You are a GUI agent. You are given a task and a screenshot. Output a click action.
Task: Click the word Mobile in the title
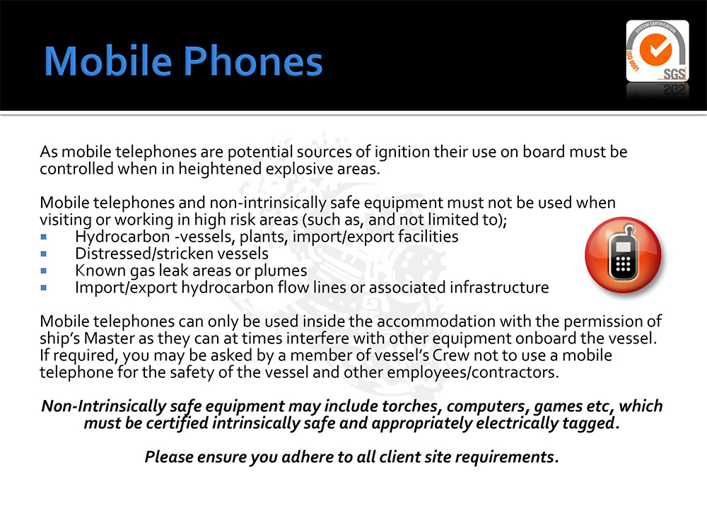click(108, 61)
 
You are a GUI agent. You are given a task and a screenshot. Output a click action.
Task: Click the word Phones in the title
click(253, 61)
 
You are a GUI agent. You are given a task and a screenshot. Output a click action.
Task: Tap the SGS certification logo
click(658, 51)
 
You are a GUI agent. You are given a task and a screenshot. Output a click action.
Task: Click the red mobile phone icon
click(623, 254)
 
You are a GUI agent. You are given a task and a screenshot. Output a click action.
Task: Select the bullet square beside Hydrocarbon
click(44, 237)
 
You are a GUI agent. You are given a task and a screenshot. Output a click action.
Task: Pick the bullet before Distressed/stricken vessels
click(44, 254)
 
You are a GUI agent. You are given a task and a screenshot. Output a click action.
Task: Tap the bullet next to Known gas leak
click(44, 271)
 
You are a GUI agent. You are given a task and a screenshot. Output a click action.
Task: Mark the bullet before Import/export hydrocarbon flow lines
click(44, 288)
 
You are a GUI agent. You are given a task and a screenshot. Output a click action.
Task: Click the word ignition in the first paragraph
click(402, 153)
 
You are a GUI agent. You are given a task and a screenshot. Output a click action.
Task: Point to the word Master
click(110, 338)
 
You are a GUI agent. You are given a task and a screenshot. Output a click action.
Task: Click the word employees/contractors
click(473, 372)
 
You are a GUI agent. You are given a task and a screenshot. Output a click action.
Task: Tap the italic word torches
click(410, 406)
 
